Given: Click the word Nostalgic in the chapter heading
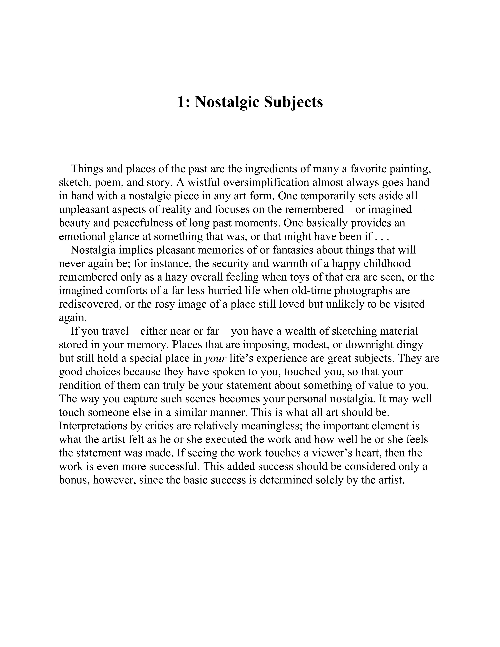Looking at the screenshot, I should [226, 103].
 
